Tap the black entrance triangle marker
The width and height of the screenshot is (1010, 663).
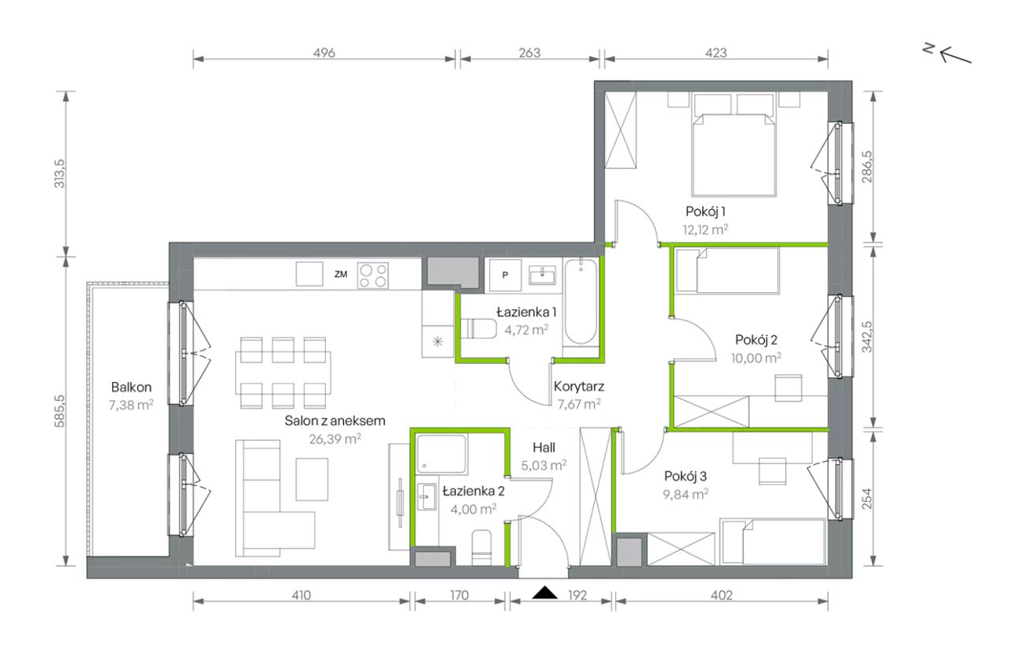tap(544, 593)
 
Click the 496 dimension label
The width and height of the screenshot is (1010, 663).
tap(324, 53)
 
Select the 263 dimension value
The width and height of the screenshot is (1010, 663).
tap(529, 53)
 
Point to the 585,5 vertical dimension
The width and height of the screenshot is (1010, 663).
tap(59, 411)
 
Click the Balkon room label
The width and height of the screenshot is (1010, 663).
tap(131, 387)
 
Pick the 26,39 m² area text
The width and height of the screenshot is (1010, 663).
tap(335, 439)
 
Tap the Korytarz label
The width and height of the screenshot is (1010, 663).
tap(578, 386)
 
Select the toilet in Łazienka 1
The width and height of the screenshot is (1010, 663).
tap(478, 328)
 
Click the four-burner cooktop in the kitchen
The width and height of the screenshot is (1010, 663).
tap(373, 275)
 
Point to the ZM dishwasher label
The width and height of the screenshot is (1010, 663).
tap(340, 274)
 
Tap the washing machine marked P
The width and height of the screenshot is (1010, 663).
tap(505, 275)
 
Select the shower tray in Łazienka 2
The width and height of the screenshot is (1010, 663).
tap(441, 453)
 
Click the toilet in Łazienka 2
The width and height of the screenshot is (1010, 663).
tap(481, 547)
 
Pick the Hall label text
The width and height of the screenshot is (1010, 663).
tap(544, 448)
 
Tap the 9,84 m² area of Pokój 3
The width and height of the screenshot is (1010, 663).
tap(686, 494)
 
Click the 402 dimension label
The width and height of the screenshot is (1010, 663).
tap(721, 595)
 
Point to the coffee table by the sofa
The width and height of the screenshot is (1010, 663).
tap(312, 479)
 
